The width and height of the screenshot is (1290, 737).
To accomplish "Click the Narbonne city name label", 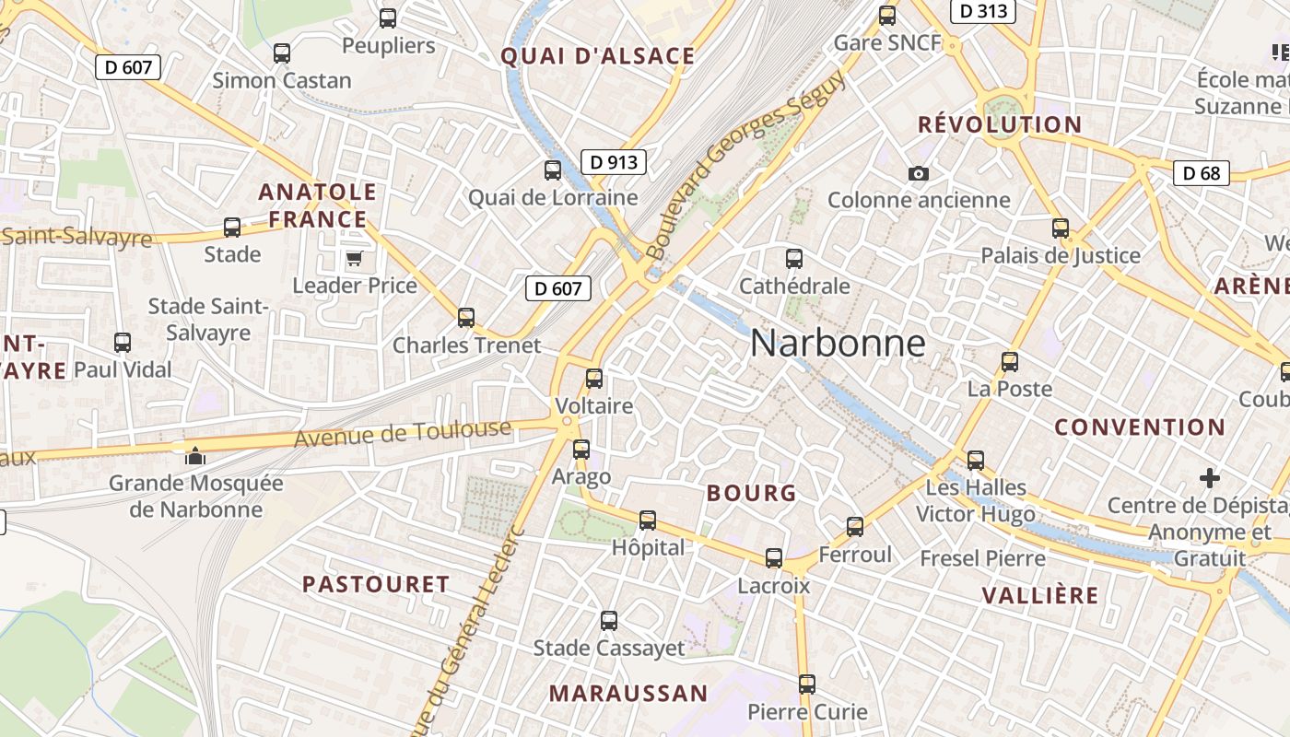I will coord(838,343).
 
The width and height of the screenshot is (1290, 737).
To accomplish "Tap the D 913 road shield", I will coord(613,162).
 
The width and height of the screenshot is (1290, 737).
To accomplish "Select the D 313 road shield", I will coord(982,11).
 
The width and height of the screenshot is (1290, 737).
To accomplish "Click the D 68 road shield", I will coord(1202,172).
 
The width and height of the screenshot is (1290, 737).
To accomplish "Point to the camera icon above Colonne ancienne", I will coord(918,173).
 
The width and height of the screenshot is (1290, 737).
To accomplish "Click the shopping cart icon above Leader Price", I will coord(355,258).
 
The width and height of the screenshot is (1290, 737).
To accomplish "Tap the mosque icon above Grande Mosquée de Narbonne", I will coord(195,455).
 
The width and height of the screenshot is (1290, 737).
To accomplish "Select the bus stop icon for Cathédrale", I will coord(794,259).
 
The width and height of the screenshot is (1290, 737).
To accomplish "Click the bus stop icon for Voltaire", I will coord(594,378).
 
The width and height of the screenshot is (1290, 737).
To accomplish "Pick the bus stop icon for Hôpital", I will coord(648,521).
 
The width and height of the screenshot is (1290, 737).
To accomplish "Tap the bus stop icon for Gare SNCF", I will coord(887,16).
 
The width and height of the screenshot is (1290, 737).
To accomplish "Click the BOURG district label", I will coord(751,493).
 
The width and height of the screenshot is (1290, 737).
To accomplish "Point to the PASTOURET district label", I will coord(376,584).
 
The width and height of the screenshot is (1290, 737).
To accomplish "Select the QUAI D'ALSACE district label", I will coord(597,56).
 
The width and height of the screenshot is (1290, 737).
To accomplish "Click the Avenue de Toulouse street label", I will coord(403,433).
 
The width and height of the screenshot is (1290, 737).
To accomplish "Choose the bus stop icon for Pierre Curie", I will coord(807,684).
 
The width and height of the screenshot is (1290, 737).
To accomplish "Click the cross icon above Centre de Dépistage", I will coord(1210,478).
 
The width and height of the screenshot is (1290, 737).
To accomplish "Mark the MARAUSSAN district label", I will coord(628,694).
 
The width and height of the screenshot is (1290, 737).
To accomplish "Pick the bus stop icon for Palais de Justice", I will coord(1061,228).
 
